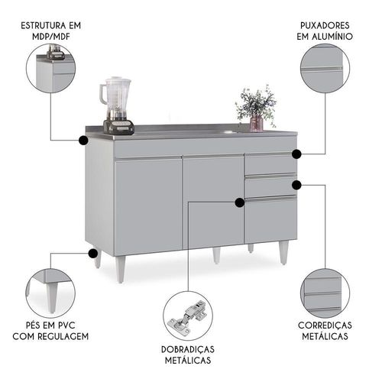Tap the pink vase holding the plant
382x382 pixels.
[257, 123]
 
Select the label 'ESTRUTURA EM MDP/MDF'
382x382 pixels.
[51, 31]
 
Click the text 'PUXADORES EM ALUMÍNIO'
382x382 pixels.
[325, 31]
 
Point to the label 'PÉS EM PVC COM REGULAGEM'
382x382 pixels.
[50, 331]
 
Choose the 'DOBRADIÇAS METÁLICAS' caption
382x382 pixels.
[188, 354]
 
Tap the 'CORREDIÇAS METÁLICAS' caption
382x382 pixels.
[325, 331]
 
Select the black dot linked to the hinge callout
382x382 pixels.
[239, 202]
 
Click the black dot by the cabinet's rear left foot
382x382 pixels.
[93, 254]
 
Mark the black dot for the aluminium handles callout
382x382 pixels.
[296, 154]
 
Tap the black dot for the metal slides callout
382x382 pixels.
[296, 185]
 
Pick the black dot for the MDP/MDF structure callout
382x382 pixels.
[83, 140]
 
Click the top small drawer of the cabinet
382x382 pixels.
[270, 163]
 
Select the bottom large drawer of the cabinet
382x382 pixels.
[270, 219]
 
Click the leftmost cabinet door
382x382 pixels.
[149, 206]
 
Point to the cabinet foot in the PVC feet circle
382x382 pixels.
[52, 297]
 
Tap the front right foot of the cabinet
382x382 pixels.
[283, 253]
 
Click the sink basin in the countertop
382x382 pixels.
[228, 132]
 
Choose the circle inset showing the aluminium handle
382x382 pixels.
[325, 69]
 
